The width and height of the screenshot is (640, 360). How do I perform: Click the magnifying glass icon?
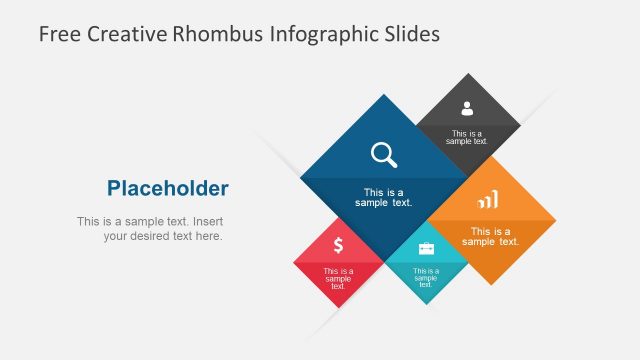[384, 154]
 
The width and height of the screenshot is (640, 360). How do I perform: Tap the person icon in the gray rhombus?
[467, 109]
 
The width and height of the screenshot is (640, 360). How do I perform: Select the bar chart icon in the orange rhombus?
[488, 201]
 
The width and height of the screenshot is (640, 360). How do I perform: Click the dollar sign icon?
[339, 245]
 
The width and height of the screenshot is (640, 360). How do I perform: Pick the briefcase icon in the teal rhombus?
[426, 248]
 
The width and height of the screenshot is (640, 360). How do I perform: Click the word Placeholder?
[168, 188]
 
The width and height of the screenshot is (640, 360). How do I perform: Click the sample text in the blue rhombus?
[383, 197]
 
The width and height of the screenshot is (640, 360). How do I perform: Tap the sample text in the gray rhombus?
[467, 137]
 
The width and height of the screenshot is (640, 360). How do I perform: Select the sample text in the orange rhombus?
[490, 236]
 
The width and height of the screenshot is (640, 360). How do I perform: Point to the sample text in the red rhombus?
[338, 278]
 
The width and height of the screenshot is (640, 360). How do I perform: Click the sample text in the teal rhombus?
[426, 277]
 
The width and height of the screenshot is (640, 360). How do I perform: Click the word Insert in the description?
[210, 221]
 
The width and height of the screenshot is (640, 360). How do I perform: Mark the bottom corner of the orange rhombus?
[491, 285]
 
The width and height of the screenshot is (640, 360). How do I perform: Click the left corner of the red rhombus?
[294, 263]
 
